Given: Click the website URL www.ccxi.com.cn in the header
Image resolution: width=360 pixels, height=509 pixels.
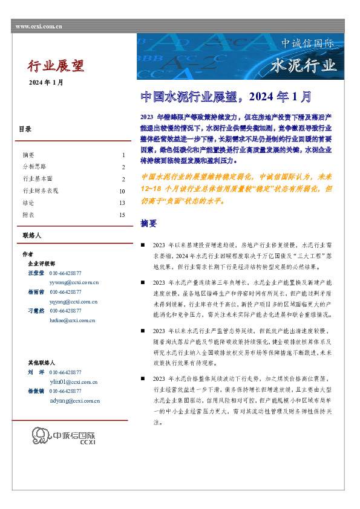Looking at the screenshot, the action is (38, 27).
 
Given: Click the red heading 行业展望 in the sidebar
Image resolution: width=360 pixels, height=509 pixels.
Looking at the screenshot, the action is (56, 66).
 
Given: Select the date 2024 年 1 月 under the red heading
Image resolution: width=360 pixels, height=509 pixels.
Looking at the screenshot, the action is (46, 82).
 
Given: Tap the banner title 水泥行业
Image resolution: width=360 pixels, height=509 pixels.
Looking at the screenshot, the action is (303, 65).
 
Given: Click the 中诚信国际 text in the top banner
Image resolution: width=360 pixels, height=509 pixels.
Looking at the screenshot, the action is (307, 44).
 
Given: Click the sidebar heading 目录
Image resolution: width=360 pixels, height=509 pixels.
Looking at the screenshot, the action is (25, 129).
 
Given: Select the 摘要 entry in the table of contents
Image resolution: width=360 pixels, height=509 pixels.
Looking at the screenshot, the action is (28, 155).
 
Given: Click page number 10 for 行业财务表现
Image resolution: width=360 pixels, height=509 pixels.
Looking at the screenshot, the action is (122, 191).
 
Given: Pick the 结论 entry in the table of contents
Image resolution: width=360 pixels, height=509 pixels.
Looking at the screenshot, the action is (28, 203).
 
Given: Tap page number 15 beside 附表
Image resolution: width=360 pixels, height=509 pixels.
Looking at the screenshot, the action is (122, 215).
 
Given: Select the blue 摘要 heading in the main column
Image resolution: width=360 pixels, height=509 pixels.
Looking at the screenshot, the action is (148, 223).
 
